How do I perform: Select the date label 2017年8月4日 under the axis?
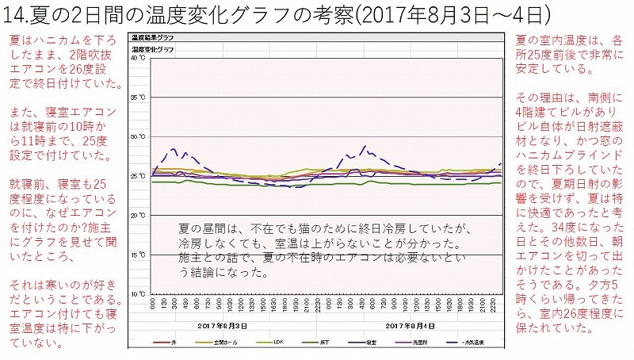(x=407, y=326)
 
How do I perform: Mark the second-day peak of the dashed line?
(x=364, y=146)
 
